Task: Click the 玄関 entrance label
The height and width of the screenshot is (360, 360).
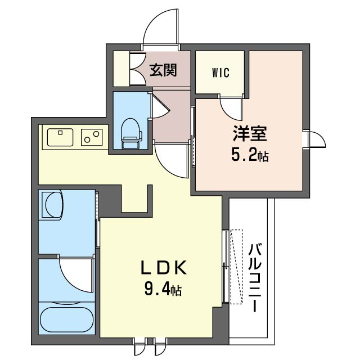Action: (163, 70)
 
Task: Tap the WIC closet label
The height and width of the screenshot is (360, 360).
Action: (220, 73)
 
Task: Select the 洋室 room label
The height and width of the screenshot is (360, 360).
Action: (250, 134)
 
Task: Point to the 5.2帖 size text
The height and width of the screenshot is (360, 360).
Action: (250, 155)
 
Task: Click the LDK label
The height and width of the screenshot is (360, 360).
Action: (163, 268)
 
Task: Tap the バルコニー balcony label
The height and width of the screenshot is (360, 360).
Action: (255, 278)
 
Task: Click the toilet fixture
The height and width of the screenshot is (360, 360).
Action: (131, 134)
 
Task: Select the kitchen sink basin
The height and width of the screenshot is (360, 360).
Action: (60, 137)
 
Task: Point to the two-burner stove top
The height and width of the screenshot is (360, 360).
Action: (92, 137)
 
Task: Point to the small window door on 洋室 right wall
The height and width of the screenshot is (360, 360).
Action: (316, 139)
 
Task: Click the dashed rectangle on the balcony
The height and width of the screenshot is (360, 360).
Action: (236, 267)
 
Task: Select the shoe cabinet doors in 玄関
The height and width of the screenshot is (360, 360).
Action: (137, 69)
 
